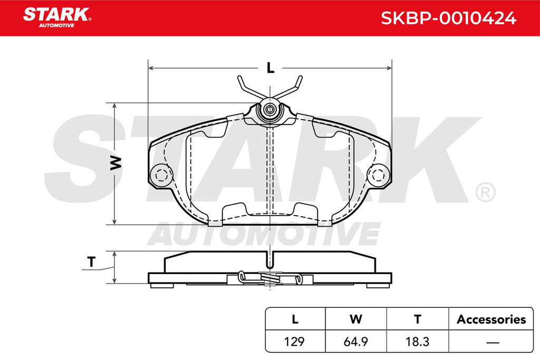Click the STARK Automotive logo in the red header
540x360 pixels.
click(57, 17)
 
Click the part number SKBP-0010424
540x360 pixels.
click(448, 18)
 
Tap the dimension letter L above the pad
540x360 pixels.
click(271, 68)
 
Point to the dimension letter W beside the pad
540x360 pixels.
click(116, 163)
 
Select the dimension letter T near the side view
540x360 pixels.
click(91, 262)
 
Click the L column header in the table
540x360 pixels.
click(295, 319)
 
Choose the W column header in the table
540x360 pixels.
click(356, 319)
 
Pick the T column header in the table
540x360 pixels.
click(418, 319)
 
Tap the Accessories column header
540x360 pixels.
click(491, 319)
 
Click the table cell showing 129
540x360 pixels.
click(294, 342)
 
